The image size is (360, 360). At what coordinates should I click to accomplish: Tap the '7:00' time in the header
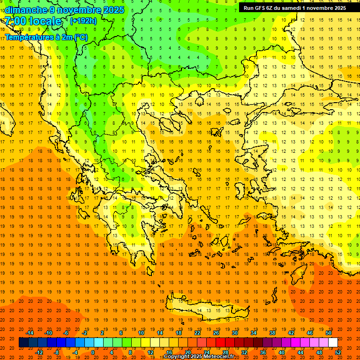pyautogui.click(x=15, y=21)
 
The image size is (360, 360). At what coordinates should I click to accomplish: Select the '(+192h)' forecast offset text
pyautogui.click(x=83, y=21)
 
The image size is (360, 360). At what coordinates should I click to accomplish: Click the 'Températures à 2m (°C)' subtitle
pyautogui.click(x=46, y=37)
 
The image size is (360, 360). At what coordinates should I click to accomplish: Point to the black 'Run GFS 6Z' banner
pyautogui.click(x=295, y=7)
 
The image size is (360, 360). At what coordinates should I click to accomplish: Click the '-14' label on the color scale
pyautogui.click(x=30, y=333)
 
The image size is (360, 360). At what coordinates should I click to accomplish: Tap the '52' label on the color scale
pyautogui.click(x=338, y=352)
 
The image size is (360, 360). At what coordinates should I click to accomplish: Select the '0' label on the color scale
pyautogui.click(x=92, y=352)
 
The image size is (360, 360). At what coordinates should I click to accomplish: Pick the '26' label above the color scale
pyautogui.click(x=216, y=333)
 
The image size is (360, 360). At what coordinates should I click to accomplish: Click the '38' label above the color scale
pyautogui.click(x=272, y=333)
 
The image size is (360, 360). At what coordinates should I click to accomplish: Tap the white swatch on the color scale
pyautogui.click(x=333, y=343)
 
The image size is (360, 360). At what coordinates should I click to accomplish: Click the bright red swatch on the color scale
pyautogui.click(x=220, y=343)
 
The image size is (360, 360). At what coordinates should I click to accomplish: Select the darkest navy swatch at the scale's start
pyautogui.click(x=23, y=343)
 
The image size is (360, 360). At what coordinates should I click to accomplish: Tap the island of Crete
pyautogui.click(x=206, y=309)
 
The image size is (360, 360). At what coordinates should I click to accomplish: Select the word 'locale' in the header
pyautogui.click(x=46, y=21)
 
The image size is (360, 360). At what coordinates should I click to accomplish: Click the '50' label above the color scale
pyautogui.click(x=329, y=333)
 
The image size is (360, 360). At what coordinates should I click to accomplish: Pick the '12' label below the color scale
pyautogui.click(x=150, y=352)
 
